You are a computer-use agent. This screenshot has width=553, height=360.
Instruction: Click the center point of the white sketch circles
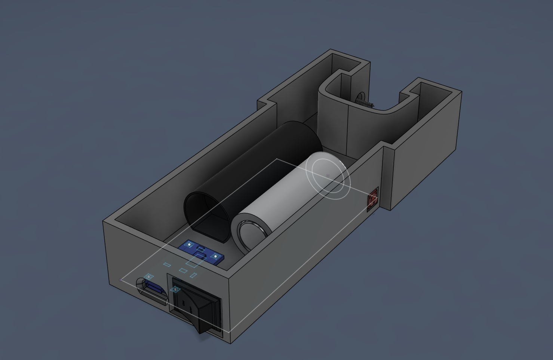pyautogui.click(x=328, y=176)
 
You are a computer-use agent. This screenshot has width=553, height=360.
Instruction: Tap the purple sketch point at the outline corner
pyautogui.click(x=121, y=280)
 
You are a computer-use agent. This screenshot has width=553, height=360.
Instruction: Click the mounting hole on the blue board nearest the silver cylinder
pyautogui.click(x=215, y=256)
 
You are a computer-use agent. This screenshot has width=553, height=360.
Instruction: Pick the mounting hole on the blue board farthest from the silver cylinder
pyautogui.click(x=190, y=245)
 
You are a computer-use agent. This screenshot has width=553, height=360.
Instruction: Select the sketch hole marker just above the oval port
pyautogui.click(x=149, y=277)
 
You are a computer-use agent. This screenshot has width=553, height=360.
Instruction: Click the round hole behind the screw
pyautogui.click(x=360, y=95)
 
